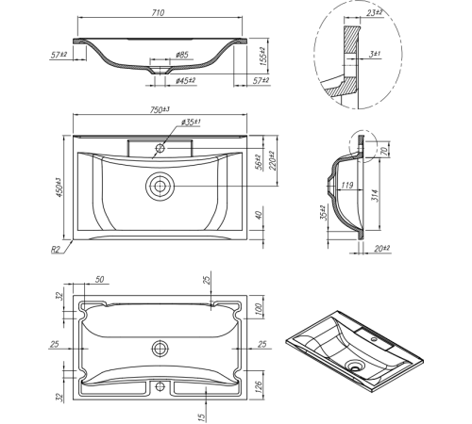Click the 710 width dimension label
158,13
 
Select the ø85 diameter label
182,55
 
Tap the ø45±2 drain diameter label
186,80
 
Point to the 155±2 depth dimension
263,56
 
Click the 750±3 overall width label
160,109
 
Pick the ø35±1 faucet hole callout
191,122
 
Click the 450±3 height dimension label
59,188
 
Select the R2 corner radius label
55,250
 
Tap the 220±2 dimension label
273,160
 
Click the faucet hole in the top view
160,148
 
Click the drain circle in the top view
160,186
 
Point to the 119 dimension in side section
346,185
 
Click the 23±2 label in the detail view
375,13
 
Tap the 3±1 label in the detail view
375,54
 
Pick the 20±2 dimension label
382,249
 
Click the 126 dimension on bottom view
258,386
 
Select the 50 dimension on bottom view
99,279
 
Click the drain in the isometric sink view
355,366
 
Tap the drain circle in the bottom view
160,349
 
